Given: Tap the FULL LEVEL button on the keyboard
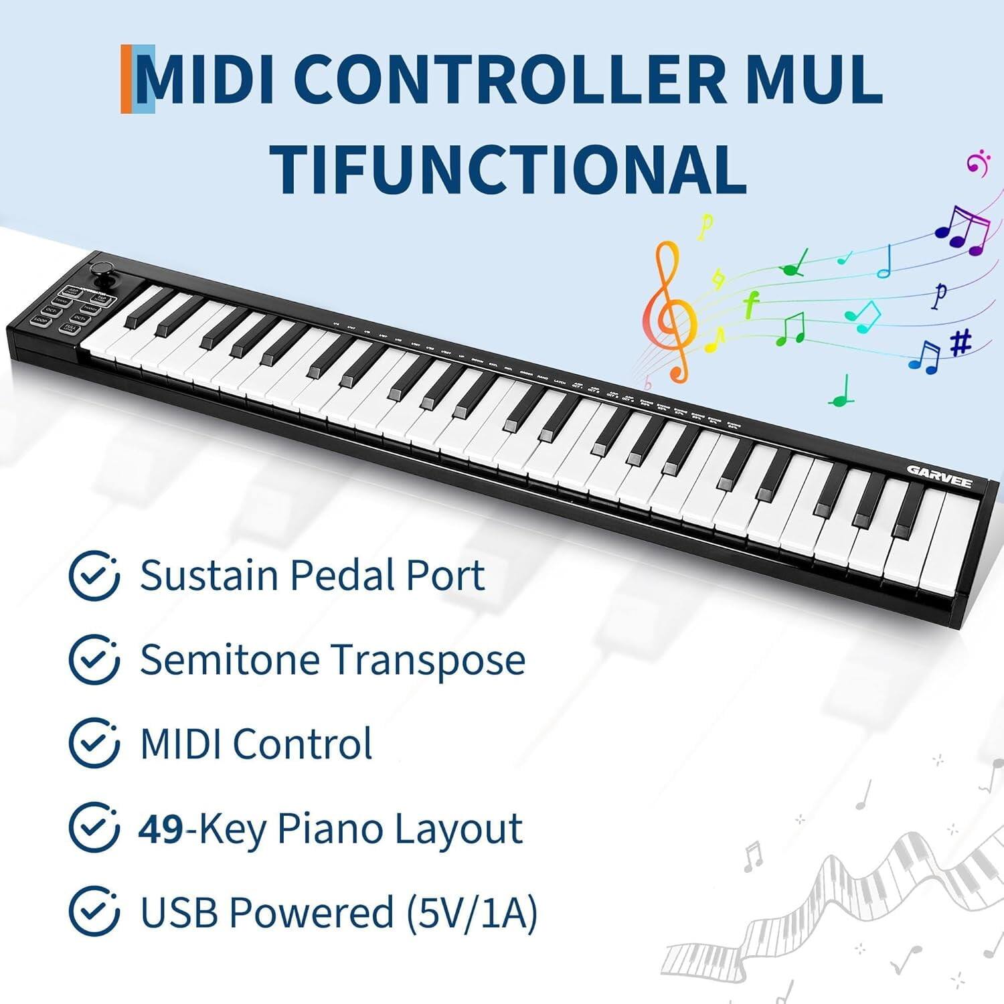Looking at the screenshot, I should [x=70, y=329].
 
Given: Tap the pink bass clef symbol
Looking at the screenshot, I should [x=977, y=162].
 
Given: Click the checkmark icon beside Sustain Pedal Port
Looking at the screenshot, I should [x=94, y=575].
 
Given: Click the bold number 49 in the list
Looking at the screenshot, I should [x=161, y=829].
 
